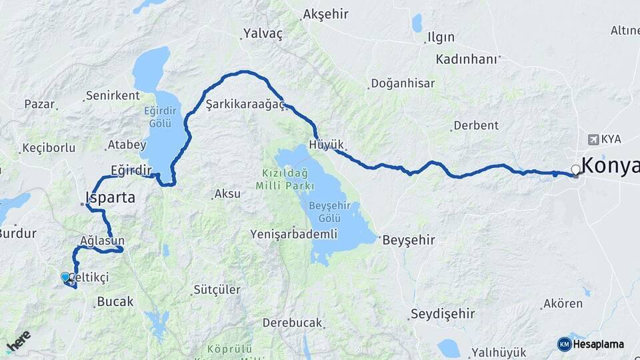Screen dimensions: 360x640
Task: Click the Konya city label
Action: click(x=611, y=165)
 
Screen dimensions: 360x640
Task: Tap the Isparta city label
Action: click(x=111, y=197)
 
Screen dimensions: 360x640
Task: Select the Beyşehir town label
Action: click(x=409, y=240)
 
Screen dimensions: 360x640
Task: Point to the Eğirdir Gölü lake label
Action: click(x=161, y=117)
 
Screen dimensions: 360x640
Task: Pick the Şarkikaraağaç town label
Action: click(x=245, y=104)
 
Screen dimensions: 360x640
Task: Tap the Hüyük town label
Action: click(x=327, y=145)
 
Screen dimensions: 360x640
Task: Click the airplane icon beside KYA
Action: click(x=594, y=139)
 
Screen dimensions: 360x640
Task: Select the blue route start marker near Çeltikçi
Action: click(x=65, y=277)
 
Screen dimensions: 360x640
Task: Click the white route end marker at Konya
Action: click(x=576, y=170)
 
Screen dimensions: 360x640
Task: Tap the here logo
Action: click(x=19, y=341)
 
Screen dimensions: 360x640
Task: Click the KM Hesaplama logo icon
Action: click(x=564, y=344)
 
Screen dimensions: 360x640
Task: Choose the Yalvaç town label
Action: click(x=263, y=33)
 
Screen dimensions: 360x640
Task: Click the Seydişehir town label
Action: click(x=443, y=313)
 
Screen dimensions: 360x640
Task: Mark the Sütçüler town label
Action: click(x=216, y=289)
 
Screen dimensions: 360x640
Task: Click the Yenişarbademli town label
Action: click(x=290, y=234)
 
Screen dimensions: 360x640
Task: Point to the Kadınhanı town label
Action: click(x=467, y=59)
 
